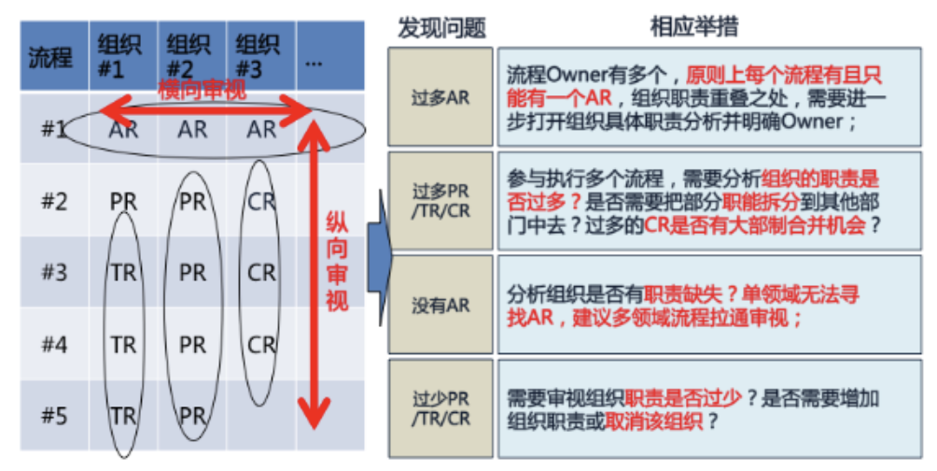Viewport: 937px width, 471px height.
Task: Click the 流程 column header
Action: [50, 57]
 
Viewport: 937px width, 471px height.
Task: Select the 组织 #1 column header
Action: [119, 57]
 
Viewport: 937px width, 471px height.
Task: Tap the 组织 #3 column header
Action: [257, 57]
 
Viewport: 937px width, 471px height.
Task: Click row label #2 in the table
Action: [54, 201]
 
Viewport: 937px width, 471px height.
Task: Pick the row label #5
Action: [54, 415]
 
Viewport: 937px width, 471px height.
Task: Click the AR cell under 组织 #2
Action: [192, 129]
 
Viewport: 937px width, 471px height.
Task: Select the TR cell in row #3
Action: [124, 272]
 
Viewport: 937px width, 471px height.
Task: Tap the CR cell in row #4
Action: [261, 344]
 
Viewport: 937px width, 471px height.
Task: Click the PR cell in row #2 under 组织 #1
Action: [124, 202]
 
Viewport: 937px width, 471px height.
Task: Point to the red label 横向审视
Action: [202, 91]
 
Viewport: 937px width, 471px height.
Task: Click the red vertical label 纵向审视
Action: [336, 262]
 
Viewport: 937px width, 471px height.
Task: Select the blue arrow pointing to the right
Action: [379, 257]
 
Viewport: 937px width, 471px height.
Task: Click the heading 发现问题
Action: [441, 27]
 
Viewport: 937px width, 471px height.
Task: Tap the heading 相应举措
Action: [693, 26]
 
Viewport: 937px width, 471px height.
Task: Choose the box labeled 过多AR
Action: [441, 97]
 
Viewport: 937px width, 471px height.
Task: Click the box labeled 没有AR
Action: [441, 305]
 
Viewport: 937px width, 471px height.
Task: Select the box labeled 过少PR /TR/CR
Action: [441, 408]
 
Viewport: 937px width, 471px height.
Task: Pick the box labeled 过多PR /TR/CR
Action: [441, 201]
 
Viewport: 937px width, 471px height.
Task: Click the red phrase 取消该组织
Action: [653, 421]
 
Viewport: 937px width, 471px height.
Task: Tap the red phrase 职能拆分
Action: [761, 202]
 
